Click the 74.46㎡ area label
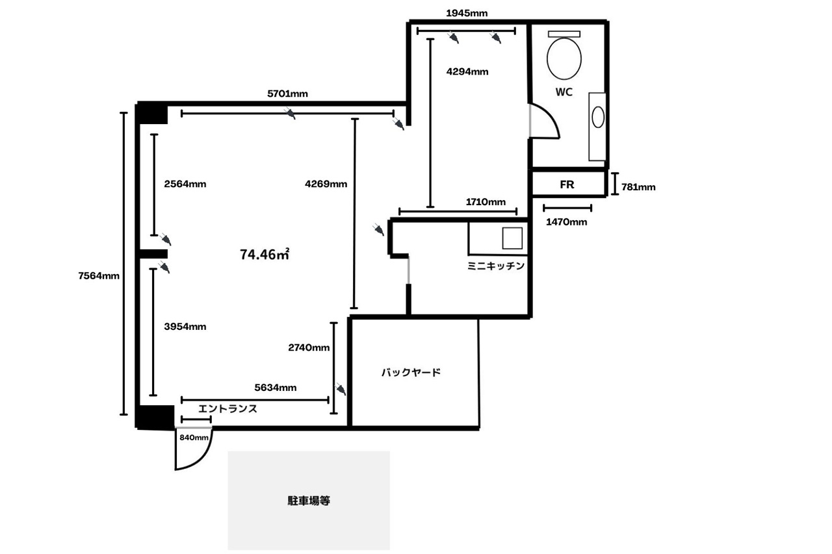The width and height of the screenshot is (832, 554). [x=265, y=255]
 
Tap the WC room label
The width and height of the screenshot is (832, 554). [x=564, y=92]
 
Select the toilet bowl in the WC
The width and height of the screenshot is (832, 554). [x=564, y=58]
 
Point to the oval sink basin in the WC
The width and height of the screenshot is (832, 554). [x=598, y=118]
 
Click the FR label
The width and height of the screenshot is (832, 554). [x=567, y=184]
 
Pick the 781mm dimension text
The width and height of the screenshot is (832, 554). [x=638, y=187]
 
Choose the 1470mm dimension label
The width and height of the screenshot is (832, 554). [x=566, y=222]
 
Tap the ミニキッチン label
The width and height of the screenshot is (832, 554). [x=496, y=266]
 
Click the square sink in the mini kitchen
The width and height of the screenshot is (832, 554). [x=512, y=238]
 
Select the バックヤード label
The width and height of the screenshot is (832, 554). [x=411, y=372]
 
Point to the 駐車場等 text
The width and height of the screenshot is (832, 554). [x=309, y=501]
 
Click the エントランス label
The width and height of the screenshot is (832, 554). [x=227, y=409]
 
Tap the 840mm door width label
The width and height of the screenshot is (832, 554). [x=194, y=438]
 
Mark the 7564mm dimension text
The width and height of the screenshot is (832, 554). [x=99, y=276]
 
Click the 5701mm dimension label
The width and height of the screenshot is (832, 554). [x=287, y=94]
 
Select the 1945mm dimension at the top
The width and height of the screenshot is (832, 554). [x=467, y=14]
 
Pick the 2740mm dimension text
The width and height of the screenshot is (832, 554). [x=309, y=347]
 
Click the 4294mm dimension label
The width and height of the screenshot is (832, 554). [x=467, y=71]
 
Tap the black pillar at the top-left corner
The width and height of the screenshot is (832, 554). [x=152, y=114]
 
